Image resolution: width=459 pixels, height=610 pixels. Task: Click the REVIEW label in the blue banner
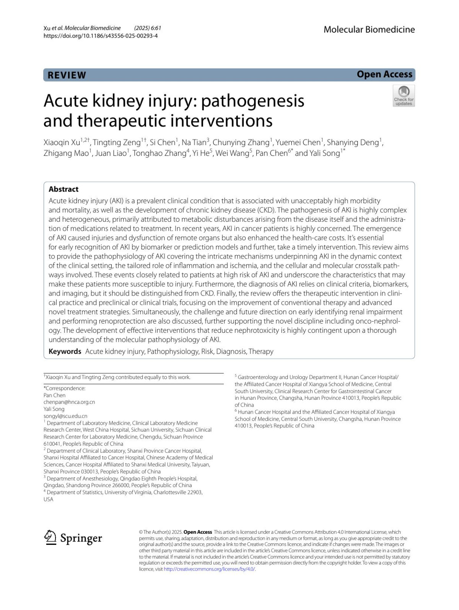click(67, 75)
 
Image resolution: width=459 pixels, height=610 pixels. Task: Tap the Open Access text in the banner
click(384, 74)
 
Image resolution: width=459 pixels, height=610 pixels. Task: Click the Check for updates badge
click(404, 96)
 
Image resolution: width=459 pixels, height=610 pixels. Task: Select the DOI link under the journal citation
click(101, 36)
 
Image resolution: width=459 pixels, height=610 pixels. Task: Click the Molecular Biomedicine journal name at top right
click(369, 29)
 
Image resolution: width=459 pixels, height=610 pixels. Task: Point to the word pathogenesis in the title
click(252, 101)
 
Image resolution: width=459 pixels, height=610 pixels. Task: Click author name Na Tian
click(194, 142)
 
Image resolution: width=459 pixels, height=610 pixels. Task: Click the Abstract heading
click(63, 189)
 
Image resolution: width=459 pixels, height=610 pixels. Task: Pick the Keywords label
click(65, 352)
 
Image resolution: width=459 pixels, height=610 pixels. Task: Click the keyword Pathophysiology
click(173, 352)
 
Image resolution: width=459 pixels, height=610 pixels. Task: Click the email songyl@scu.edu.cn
click(65, 416)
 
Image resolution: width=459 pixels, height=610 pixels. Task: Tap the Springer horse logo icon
click(50, 538)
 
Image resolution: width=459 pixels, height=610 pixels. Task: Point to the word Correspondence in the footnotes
click(65, 388)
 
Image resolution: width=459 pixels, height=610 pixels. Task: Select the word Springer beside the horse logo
click(81, 538)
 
